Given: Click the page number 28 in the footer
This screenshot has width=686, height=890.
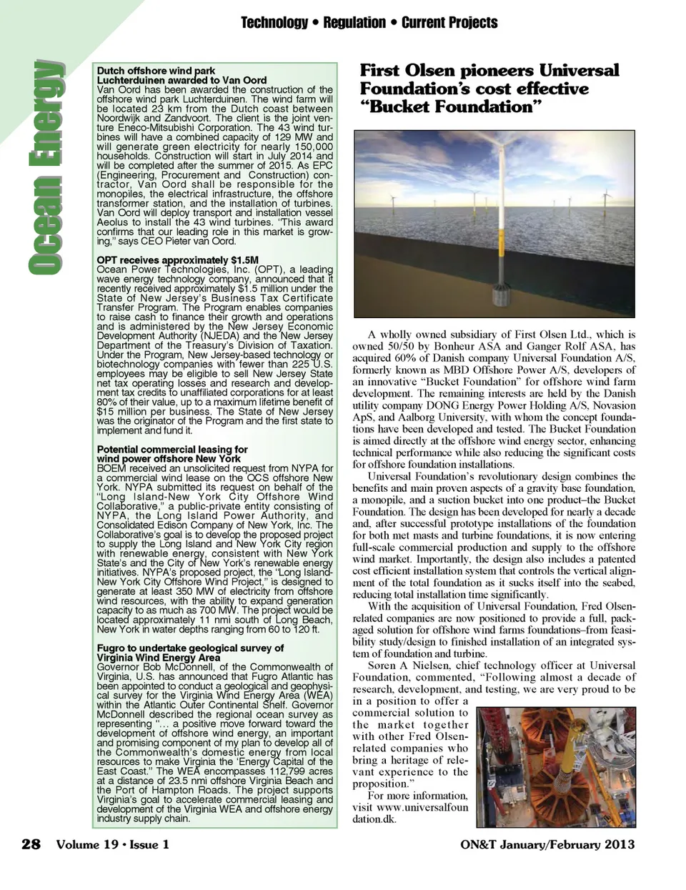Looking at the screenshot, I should click(31, 844).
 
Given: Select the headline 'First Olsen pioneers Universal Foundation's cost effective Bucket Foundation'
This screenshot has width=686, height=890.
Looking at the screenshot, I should click(489, 89).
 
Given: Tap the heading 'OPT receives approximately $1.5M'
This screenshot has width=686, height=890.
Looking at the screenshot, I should click(177, 260).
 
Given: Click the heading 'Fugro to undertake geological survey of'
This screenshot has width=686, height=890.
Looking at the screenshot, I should click(190, 648).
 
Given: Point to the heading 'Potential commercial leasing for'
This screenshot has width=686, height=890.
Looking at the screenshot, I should click(172, 450).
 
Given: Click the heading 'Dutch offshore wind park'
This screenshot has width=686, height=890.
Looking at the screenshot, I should click(156, 71).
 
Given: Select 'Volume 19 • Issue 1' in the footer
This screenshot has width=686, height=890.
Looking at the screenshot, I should click(113, 844).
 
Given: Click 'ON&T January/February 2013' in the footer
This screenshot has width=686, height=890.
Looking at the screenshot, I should click(548, 844).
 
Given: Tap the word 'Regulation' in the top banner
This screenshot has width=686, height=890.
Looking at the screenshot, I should click(354, 23).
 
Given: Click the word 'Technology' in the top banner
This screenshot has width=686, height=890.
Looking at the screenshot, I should click(274, 23).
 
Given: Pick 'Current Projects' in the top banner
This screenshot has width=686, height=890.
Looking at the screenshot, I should click(449, 23).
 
